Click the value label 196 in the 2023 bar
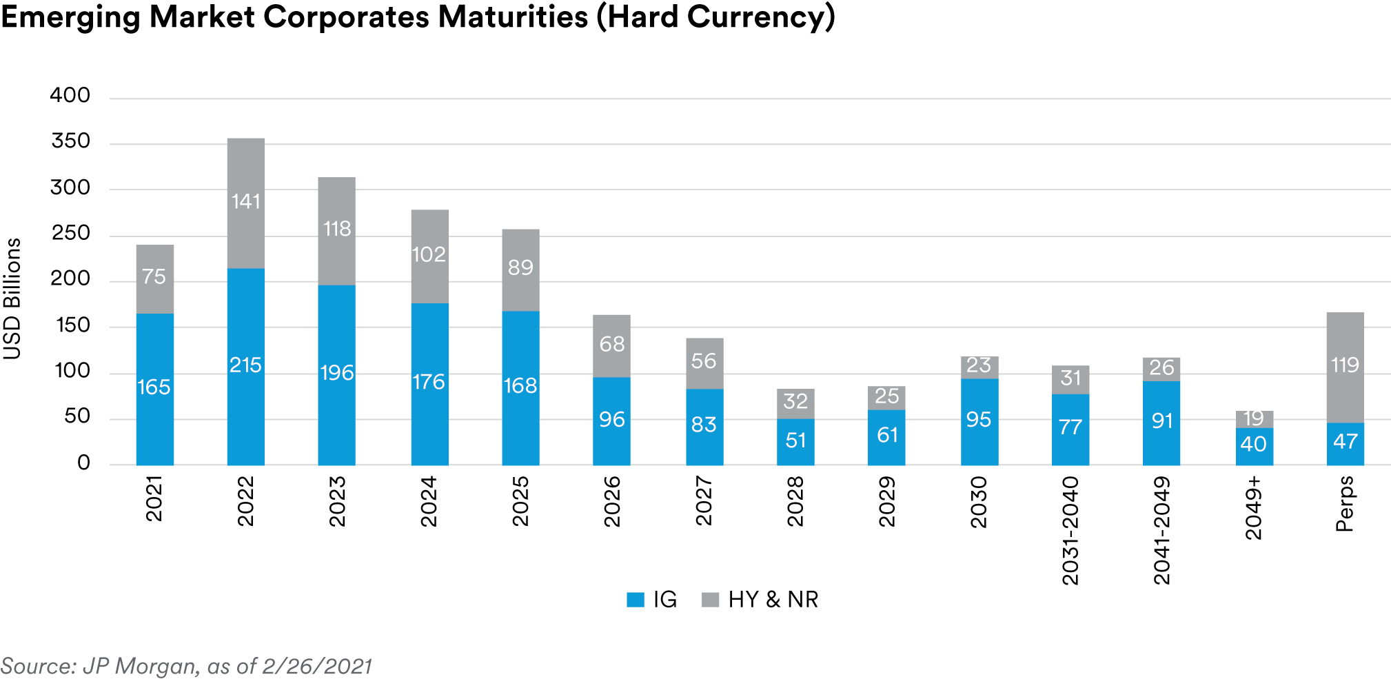337,373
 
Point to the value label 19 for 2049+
1253,418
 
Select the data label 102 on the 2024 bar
429,254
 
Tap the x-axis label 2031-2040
1070,530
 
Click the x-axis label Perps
1344,503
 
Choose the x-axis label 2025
520,501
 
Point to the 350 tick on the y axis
70,141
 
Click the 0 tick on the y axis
83,463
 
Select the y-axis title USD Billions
12,298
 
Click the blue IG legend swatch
635,600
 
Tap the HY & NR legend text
773,600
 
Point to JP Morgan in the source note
140,666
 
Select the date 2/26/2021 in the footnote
317,666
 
